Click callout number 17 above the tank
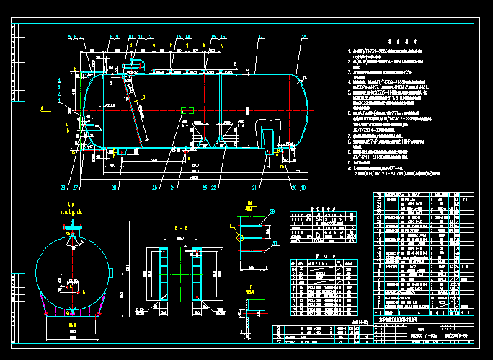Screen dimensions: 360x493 (x=261, y=35)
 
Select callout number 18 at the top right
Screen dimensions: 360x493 (x=303, y=35)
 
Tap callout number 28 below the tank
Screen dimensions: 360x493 (x=114, y=188)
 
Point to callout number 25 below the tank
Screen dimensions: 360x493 (x=154, y=188)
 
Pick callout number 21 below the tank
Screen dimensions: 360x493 (x=254, y=188)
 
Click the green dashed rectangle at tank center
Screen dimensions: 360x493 (x=186, y=110)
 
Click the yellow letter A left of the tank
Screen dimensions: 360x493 (x=42, y=107)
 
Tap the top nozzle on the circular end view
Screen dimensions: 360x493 (x=71, y=232)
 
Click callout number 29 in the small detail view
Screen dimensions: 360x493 (x=272, y=211)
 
